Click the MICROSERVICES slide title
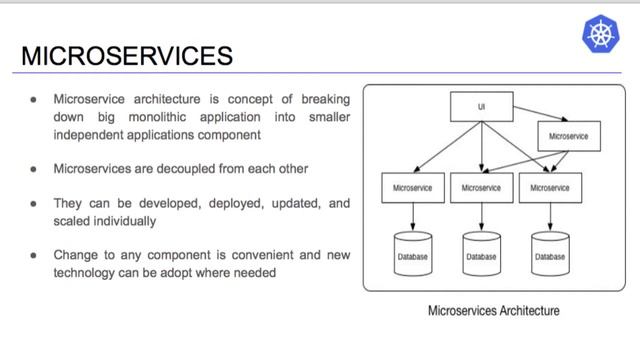(126, 55)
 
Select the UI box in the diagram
(481, 104)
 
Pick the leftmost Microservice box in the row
(412, 187)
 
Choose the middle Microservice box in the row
(482, 187)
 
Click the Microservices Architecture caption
(493, 311)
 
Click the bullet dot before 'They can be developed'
(35, 202)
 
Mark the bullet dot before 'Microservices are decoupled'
(35, 167)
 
